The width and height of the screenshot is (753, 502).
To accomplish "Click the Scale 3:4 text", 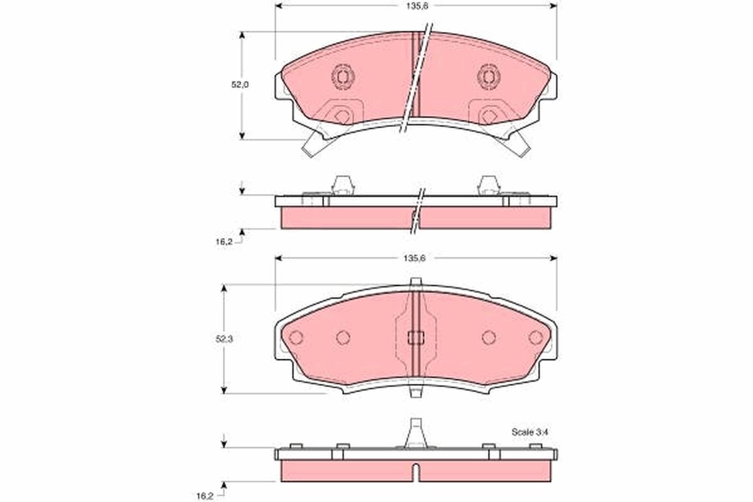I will coord(530,432).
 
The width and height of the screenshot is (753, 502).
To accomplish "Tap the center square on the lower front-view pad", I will coord(414,338).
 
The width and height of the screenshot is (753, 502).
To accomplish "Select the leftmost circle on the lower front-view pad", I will coord(296,337).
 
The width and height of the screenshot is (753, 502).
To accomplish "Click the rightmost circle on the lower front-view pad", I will coord(535,337).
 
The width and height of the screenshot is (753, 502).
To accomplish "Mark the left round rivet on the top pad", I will coord(342,77).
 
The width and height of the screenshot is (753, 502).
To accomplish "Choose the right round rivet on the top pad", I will coord(488,77).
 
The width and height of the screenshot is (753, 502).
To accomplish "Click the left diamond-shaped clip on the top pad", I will coord(341,115).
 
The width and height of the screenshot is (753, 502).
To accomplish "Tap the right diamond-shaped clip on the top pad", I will coord(488,115).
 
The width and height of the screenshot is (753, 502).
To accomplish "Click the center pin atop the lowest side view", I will coord(414,432).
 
